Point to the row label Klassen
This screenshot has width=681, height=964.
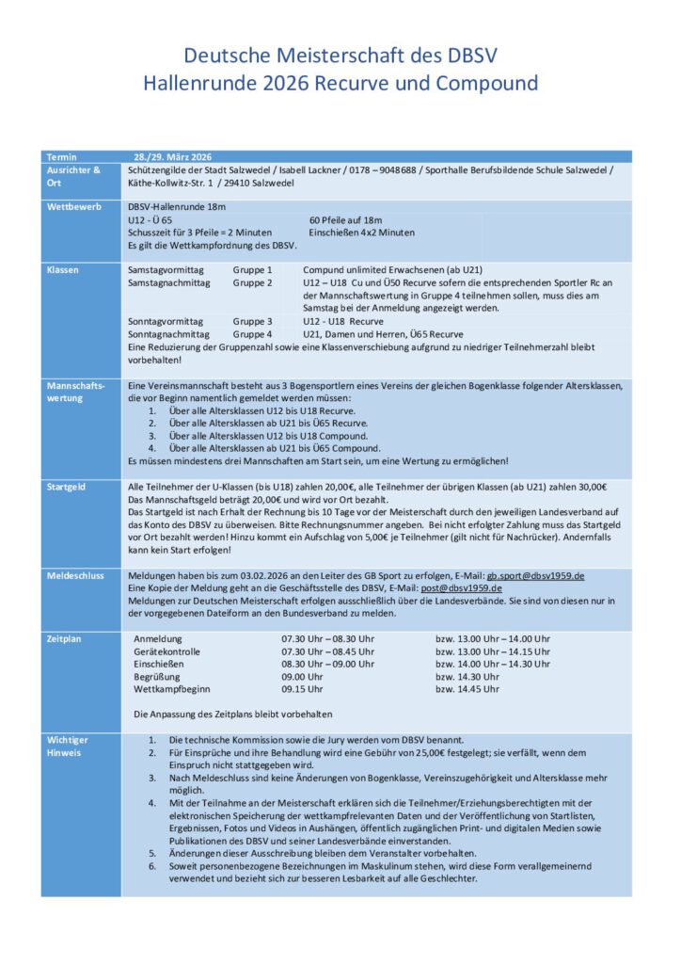pyautogui.click(x=62, y=270)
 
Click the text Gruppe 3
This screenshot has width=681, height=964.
pyautogui.click(x=252, y=321)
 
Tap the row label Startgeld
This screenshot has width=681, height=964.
pyautogui.click(x=66, y=487)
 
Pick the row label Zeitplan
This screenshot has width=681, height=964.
pyautogui.click(x=64, y=638)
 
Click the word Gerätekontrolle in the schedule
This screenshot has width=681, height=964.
pyautogui.click(x=171, y=651)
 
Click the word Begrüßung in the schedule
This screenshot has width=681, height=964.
pyautogui.click(x=160, y=676)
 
